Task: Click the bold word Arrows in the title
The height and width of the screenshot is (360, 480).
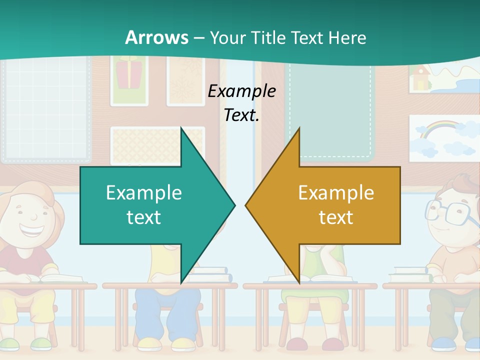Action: click(156, 37)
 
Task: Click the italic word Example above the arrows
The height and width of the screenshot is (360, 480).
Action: click(242, 91)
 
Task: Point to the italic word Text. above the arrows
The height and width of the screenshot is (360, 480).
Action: click(242, 115)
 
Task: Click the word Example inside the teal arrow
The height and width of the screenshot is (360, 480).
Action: click(144, 193)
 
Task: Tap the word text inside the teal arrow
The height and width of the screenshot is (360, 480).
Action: click(144, 217)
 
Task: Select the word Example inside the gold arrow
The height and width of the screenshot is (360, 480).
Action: click(336, 193)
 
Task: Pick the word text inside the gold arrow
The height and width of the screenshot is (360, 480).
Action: click(336, 217)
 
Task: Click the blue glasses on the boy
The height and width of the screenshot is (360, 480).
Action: click(450, 212)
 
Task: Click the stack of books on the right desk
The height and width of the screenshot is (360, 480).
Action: click(410, 272)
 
